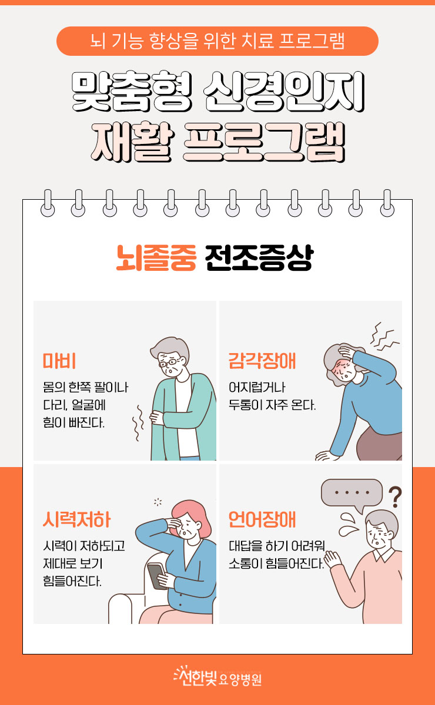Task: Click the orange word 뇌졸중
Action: coord(156,258)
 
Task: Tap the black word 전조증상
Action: coord(259,258)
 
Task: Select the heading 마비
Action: coord(59,361)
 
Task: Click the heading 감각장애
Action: coord(262,361)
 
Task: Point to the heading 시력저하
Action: coord(76,519)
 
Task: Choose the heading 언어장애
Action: coord(262,519)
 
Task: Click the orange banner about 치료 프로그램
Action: coord(217,41)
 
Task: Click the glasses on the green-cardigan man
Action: coord(169,363)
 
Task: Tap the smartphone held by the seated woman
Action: coord(156,576)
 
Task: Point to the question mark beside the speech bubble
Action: coord(395,497)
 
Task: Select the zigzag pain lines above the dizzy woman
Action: coord(384,337)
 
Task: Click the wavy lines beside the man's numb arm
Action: coord(138,422)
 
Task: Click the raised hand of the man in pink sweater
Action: coord(333,559)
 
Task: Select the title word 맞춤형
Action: coord(132,92)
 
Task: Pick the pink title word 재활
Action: coord(132,142)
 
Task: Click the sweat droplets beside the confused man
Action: coord(349,523)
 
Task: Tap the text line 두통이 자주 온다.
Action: coord(272,405)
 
